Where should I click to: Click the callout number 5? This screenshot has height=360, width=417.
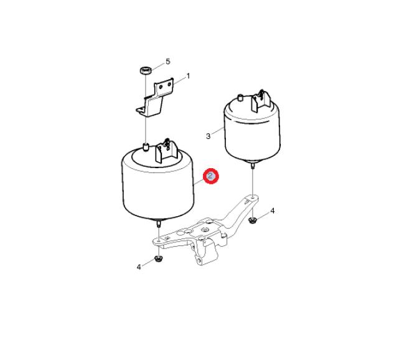click(168, 62)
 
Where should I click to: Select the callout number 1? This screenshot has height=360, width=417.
click(189, 76)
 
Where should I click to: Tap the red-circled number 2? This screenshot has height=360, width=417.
click(210, 176)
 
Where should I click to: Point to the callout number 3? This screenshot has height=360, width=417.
click(208, 136)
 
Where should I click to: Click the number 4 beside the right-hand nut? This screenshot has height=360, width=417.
click(273, 211)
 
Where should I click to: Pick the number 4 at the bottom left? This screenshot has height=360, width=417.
click(139, 267)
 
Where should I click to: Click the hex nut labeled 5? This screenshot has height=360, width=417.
click(146, 70)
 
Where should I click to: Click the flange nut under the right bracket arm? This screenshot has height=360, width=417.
click(252, 220)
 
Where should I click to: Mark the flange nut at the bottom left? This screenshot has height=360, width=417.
click(159, 258)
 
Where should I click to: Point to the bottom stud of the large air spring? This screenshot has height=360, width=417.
click(159, 224)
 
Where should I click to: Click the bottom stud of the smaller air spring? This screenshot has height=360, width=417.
click(252, 166)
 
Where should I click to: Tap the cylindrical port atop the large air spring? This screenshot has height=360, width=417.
click(146, 148)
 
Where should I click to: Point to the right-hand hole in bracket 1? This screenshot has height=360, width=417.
click(169, 85)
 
